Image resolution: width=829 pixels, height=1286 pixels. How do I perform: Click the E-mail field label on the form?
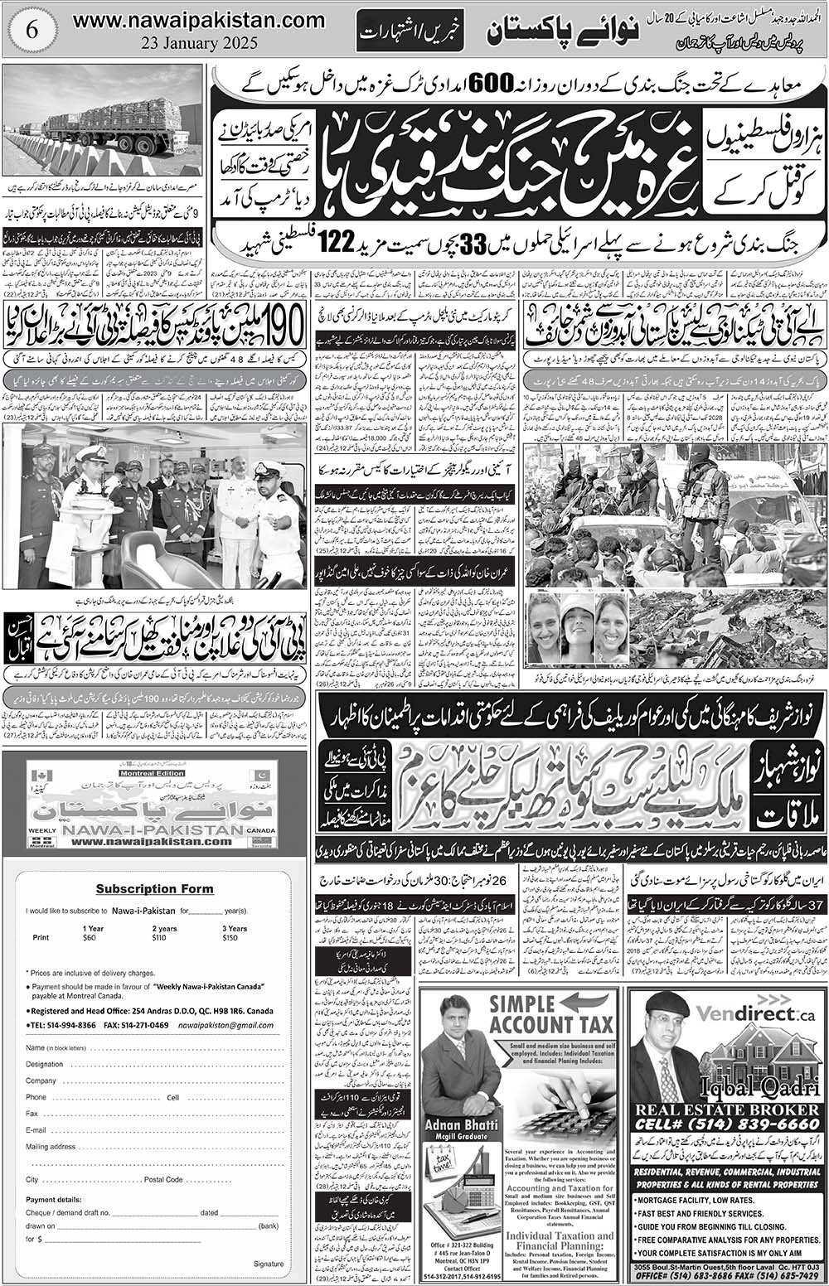click(x=36, y=1129)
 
